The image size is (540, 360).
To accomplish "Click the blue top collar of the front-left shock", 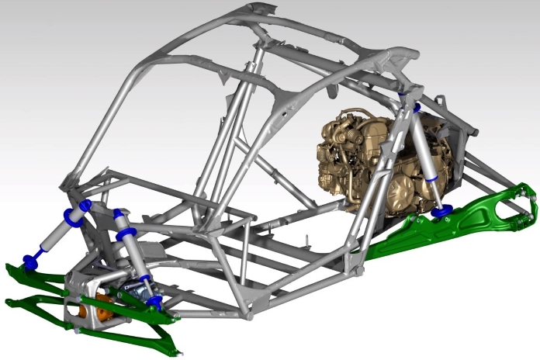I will pos(84,206).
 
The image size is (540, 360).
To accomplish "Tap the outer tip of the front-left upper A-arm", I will pos(9,268).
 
